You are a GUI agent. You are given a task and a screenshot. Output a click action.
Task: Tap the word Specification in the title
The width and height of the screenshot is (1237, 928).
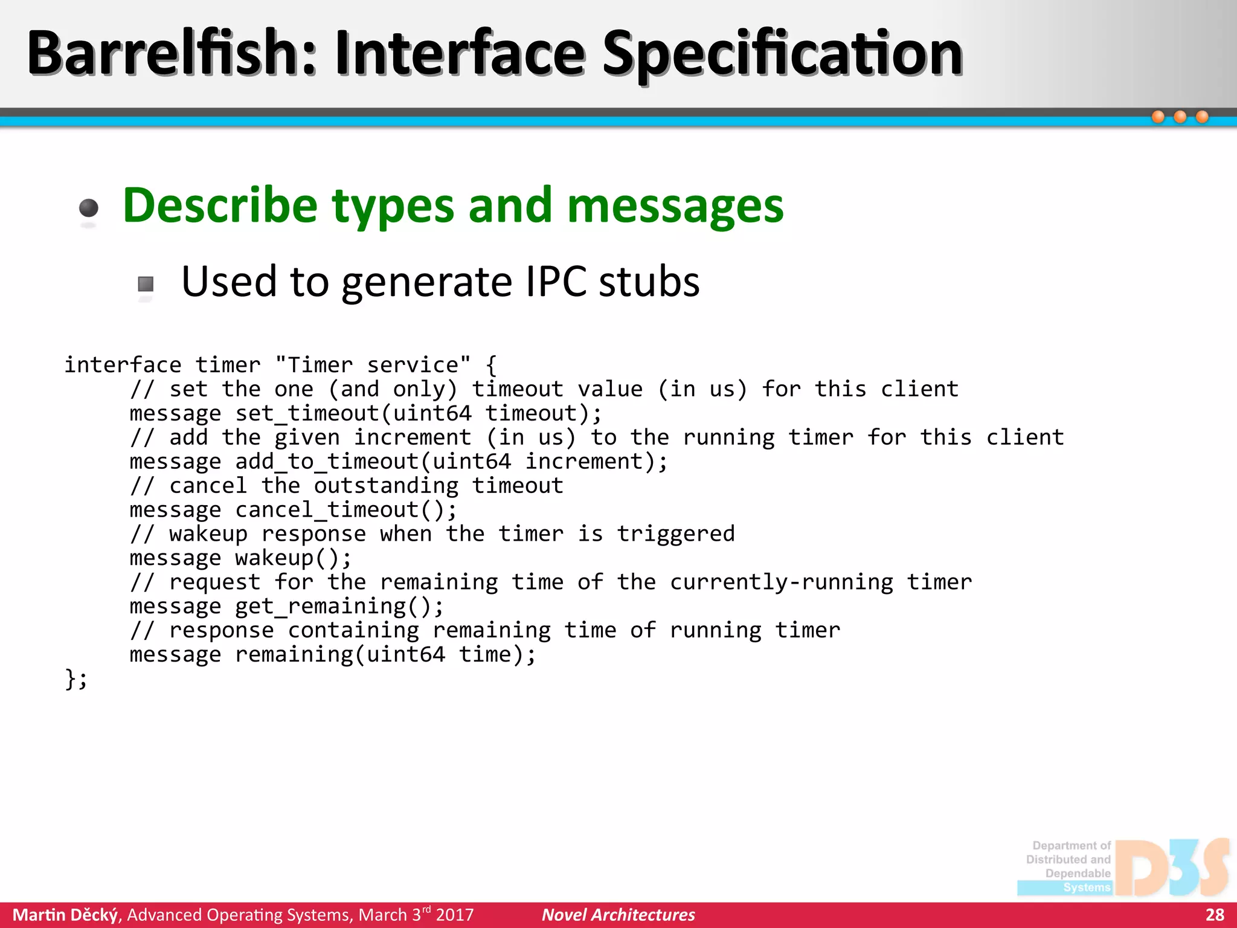(x=782, y=54)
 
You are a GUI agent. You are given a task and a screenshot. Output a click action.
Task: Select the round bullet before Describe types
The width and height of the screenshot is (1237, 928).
(x=89, y=208)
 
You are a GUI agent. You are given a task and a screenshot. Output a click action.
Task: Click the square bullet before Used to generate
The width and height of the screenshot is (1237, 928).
(x=146, y=284)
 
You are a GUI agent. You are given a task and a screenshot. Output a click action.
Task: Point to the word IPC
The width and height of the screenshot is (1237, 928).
(x=556, y=282)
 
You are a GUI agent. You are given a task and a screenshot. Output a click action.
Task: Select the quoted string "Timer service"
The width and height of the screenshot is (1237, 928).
(x=373, y=365)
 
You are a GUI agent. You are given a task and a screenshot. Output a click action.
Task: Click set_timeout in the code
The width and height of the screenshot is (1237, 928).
(x=307, y=413)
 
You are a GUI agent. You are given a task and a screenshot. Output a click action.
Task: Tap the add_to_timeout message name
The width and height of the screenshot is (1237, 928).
(x=327, y=462)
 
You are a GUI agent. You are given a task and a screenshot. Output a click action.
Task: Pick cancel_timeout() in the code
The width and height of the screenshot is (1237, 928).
(x=346, y=510)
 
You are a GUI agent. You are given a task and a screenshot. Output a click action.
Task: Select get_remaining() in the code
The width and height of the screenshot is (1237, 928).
(x=339, y=606)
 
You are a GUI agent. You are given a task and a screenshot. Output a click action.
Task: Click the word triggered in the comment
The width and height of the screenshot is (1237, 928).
(x=676, y=534)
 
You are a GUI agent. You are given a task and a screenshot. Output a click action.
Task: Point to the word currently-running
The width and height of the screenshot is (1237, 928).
(x=781, y=582)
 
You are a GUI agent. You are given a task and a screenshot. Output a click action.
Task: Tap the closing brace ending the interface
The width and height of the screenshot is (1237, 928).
(x=71, y=678)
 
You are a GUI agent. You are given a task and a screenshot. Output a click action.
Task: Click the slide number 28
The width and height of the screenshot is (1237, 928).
(x=1215, y=915)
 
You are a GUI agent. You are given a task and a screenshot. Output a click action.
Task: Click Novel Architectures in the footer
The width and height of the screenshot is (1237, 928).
(x=618, y=915)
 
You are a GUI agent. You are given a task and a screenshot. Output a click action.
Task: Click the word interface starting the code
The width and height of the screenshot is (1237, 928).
(x=123, y=365)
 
